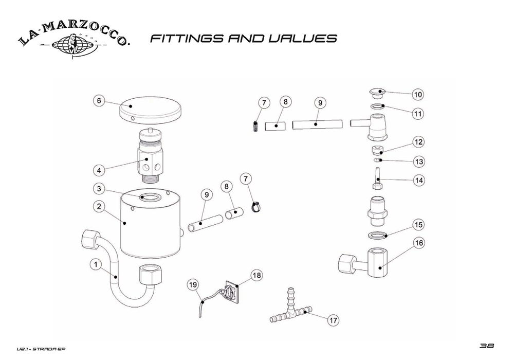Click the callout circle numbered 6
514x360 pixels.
tap(99, 100)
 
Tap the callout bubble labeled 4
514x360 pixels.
tap(99, 170)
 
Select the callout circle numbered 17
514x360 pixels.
tap(334, 320)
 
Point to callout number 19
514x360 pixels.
tap(193, 284)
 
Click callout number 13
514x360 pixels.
tap(419, 161)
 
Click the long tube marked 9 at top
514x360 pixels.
tap(317, 124)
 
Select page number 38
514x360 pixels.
tap(486, 346)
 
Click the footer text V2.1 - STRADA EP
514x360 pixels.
tap(41, 349)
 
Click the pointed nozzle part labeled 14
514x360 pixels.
tap(377, 178)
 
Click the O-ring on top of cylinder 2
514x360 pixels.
tap(150, 197)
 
